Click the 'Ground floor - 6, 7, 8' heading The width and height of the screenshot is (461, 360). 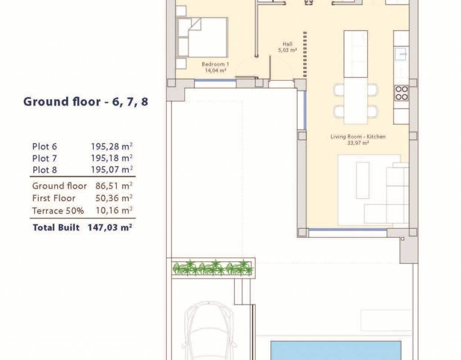[86, 102]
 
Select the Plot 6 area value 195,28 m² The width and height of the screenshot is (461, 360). [112, 146]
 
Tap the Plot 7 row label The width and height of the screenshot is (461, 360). [45, 158]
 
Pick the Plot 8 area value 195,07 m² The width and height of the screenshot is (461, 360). [112, 169]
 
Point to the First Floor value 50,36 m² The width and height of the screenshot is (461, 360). [114, 198]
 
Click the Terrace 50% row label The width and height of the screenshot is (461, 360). [58, 211]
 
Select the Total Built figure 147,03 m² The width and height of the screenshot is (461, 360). [110, 227]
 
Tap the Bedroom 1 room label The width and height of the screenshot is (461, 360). [215, 64]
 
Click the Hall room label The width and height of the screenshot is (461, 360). [287, 44]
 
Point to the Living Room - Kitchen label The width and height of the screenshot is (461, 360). [358, 136]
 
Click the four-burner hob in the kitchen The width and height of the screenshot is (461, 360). [401, 93]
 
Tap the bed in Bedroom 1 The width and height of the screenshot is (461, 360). [203, 37]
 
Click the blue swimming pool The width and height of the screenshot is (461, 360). [336, 350]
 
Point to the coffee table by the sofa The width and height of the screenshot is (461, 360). [362, 180]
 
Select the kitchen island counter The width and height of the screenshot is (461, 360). [356, 54]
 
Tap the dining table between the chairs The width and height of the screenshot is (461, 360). [356, 101]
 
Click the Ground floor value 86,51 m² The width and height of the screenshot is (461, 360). [114, 186]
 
